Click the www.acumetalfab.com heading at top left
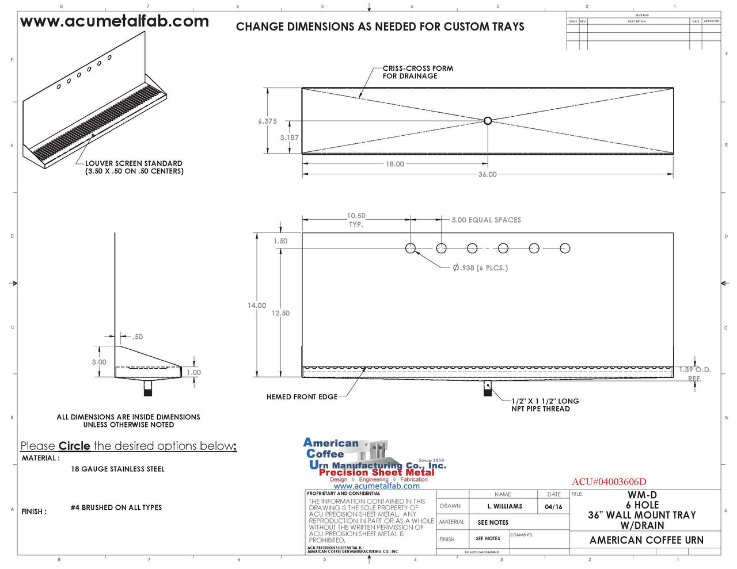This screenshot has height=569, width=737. (114, 22)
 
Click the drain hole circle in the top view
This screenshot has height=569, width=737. (488, 121)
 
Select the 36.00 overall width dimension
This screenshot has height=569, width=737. (487, 174)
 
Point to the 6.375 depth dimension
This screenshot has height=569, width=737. (267, 121)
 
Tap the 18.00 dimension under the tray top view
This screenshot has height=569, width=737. (394, 164)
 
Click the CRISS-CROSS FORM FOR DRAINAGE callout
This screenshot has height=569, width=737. (417, 72)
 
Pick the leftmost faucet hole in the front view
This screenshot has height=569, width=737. (411, 248)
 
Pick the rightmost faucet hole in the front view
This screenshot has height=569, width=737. (565, 248)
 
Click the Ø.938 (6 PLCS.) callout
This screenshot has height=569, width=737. (480, 268)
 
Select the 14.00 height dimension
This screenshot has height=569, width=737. (257, 305)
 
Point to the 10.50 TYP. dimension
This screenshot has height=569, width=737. (356, 220)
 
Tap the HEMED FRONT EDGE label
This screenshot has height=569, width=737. (302, 397)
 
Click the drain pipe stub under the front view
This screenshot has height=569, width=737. (488, 389)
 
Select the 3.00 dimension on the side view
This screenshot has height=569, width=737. (99, 362)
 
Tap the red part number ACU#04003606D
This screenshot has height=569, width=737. (609, 482)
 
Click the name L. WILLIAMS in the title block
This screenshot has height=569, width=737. (504, 506)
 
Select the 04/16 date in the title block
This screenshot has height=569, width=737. (553, 507)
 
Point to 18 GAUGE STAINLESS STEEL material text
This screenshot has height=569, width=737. (117, 469)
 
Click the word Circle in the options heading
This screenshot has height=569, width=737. (74, 446)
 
